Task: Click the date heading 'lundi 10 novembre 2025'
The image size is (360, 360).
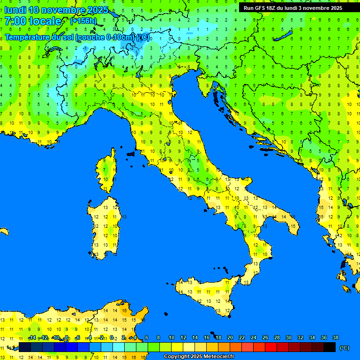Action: click(x=56, y=10)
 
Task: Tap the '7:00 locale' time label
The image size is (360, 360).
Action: click(x=32, y=21)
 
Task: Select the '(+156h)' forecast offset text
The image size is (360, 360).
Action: click(x=83, y=21)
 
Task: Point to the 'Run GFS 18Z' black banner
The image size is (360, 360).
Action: click(x=292, y=8)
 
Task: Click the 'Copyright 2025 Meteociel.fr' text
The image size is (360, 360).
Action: click(x=199, y=356)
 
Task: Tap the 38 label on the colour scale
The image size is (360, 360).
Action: click(x=335, y=338)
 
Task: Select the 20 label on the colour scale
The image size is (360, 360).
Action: click(x=230, y=338)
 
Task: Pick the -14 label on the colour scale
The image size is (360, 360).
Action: click(x=32, y=338)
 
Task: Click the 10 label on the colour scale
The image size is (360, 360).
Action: click(x=171, y=338)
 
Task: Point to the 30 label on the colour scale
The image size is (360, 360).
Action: click(x=288, y=338)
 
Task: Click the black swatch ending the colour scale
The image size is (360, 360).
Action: click(x=330, y=347)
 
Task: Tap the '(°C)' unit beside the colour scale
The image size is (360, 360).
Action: click(x=344, y=348)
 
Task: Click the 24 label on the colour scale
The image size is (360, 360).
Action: click(x=253, y=338)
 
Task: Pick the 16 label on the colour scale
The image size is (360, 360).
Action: click(x=206, y=338)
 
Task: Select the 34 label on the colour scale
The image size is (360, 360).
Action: click(x=312, y=338)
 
